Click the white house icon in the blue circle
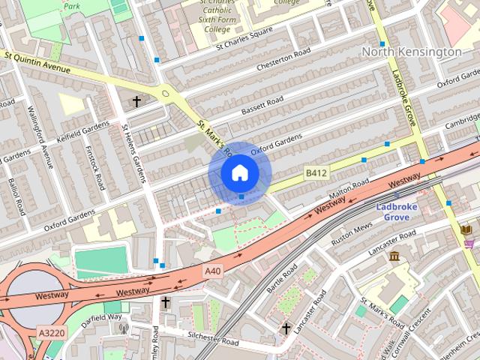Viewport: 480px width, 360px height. click(239, 173)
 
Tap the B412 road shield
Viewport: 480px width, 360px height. click(316, 173)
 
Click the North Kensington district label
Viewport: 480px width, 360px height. click(411, 52)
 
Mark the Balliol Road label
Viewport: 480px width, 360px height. click(16, 196)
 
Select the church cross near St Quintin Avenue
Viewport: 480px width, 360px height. click(136, 100)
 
